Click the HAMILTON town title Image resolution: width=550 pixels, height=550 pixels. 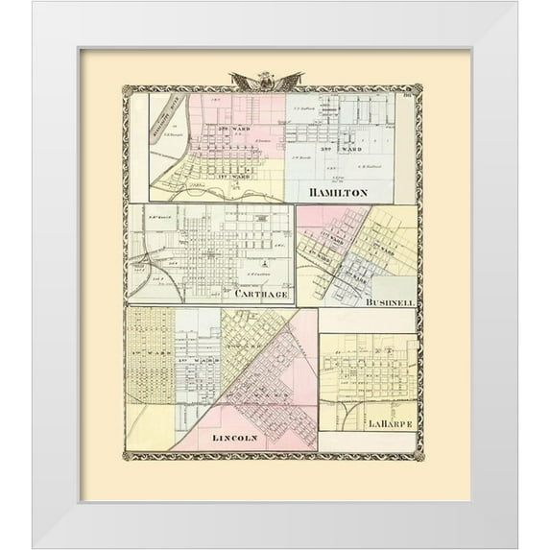(338, 193)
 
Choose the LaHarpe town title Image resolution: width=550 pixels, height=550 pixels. (387, 421)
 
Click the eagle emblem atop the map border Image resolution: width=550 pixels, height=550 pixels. (267, 81)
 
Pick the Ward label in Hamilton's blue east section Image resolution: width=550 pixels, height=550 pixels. (340, 149)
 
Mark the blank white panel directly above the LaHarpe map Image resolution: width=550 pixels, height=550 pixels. (368, 320)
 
